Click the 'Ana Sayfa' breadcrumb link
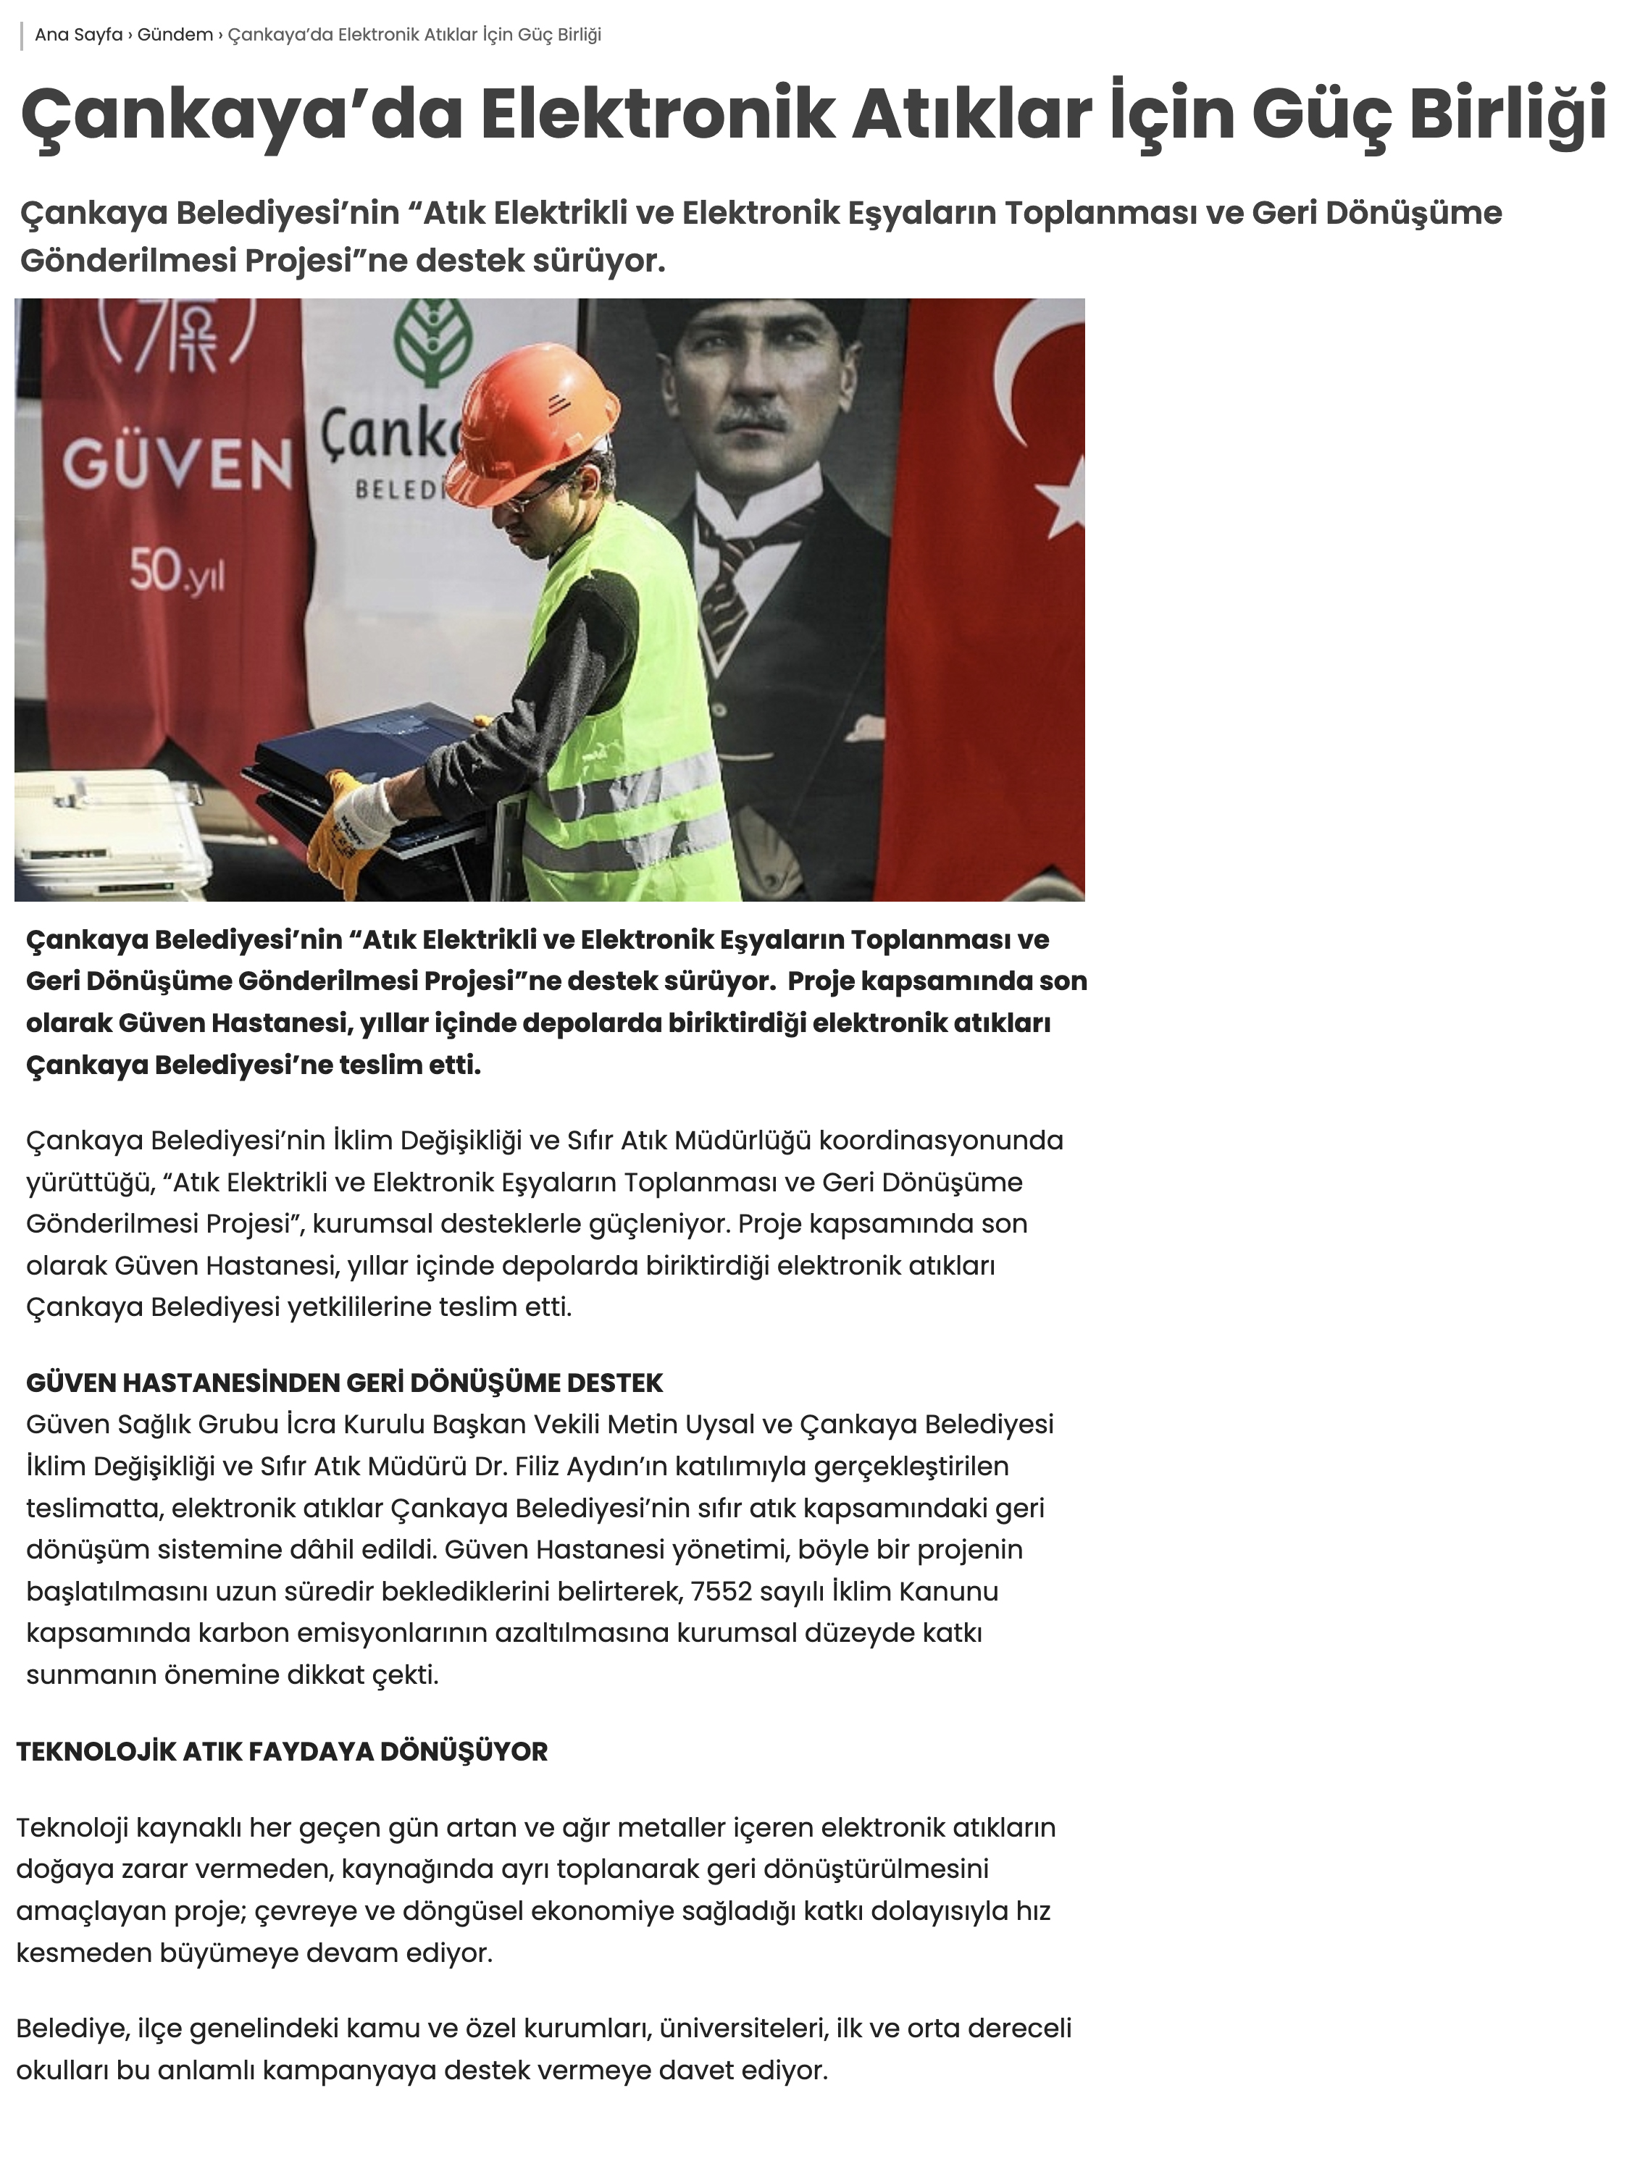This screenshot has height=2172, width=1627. tap(78, 35)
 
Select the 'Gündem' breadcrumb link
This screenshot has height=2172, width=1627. tap(175, 35)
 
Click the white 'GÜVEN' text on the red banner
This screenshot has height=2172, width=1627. tap(177, 466)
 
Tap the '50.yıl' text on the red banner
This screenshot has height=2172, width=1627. tap(177, 571)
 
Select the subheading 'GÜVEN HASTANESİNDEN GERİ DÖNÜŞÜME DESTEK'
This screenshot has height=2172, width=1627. tap(343, 1383)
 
